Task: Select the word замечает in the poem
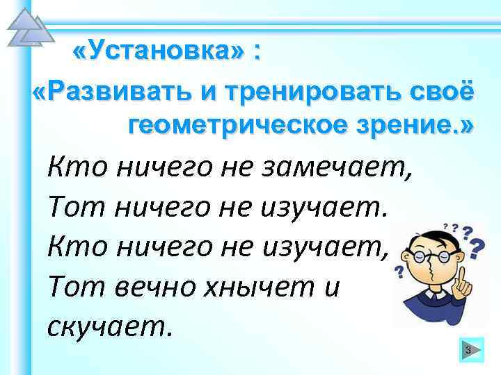pos(344,167)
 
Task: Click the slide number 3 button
pos(468,351)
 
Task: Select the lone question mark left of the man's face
pos(399,270)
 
